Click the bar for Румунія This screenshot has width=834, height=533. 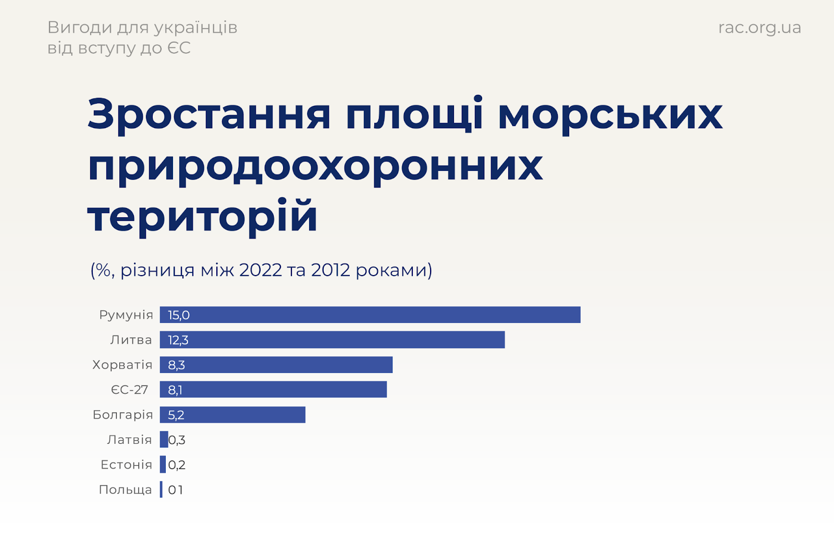pos(370,315)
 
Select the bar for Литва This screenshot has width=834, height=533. pos(332,340)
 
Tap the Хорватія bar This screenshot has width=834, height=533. pos(276,365)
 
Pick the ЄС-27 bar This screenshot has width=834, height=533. pos(273,390)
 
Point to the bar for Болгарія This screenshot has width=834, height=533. pos(232,415)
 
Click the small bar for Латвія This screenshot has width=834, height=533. pos(164,439)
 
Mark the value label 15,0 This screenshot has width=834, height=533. pos(179,315)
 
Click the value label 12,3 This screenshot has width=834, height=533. pos(178,340)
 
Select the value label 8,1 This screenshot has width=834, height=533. pos(175,390)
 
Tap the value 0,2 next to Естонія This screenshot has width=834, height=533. pos(177,465)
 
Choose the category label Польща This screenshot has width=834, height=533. pos(125,490)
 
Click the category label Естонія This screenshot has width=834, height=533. pos(126,465)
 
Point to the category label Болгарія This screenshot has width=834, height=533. pos(122,415)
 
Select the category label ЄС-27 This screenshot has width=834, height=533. pos(129,390)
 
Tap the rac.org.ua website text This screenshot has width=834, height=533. pos(759,27)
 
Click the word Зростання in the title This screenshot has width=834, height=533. pos(209,114)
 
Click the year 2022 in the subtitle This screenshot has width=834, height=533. pos(261,270)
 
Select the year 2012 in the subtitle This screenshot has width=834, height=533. pos(330,270)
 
